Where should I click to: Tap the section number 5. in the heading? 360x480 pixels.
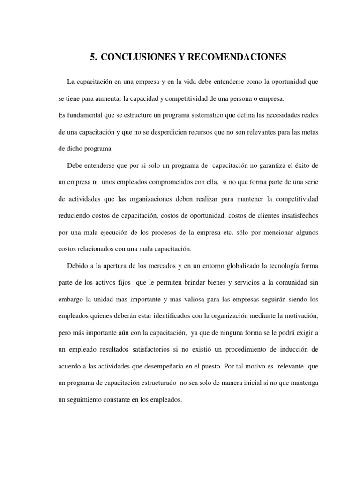[93, 58]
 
